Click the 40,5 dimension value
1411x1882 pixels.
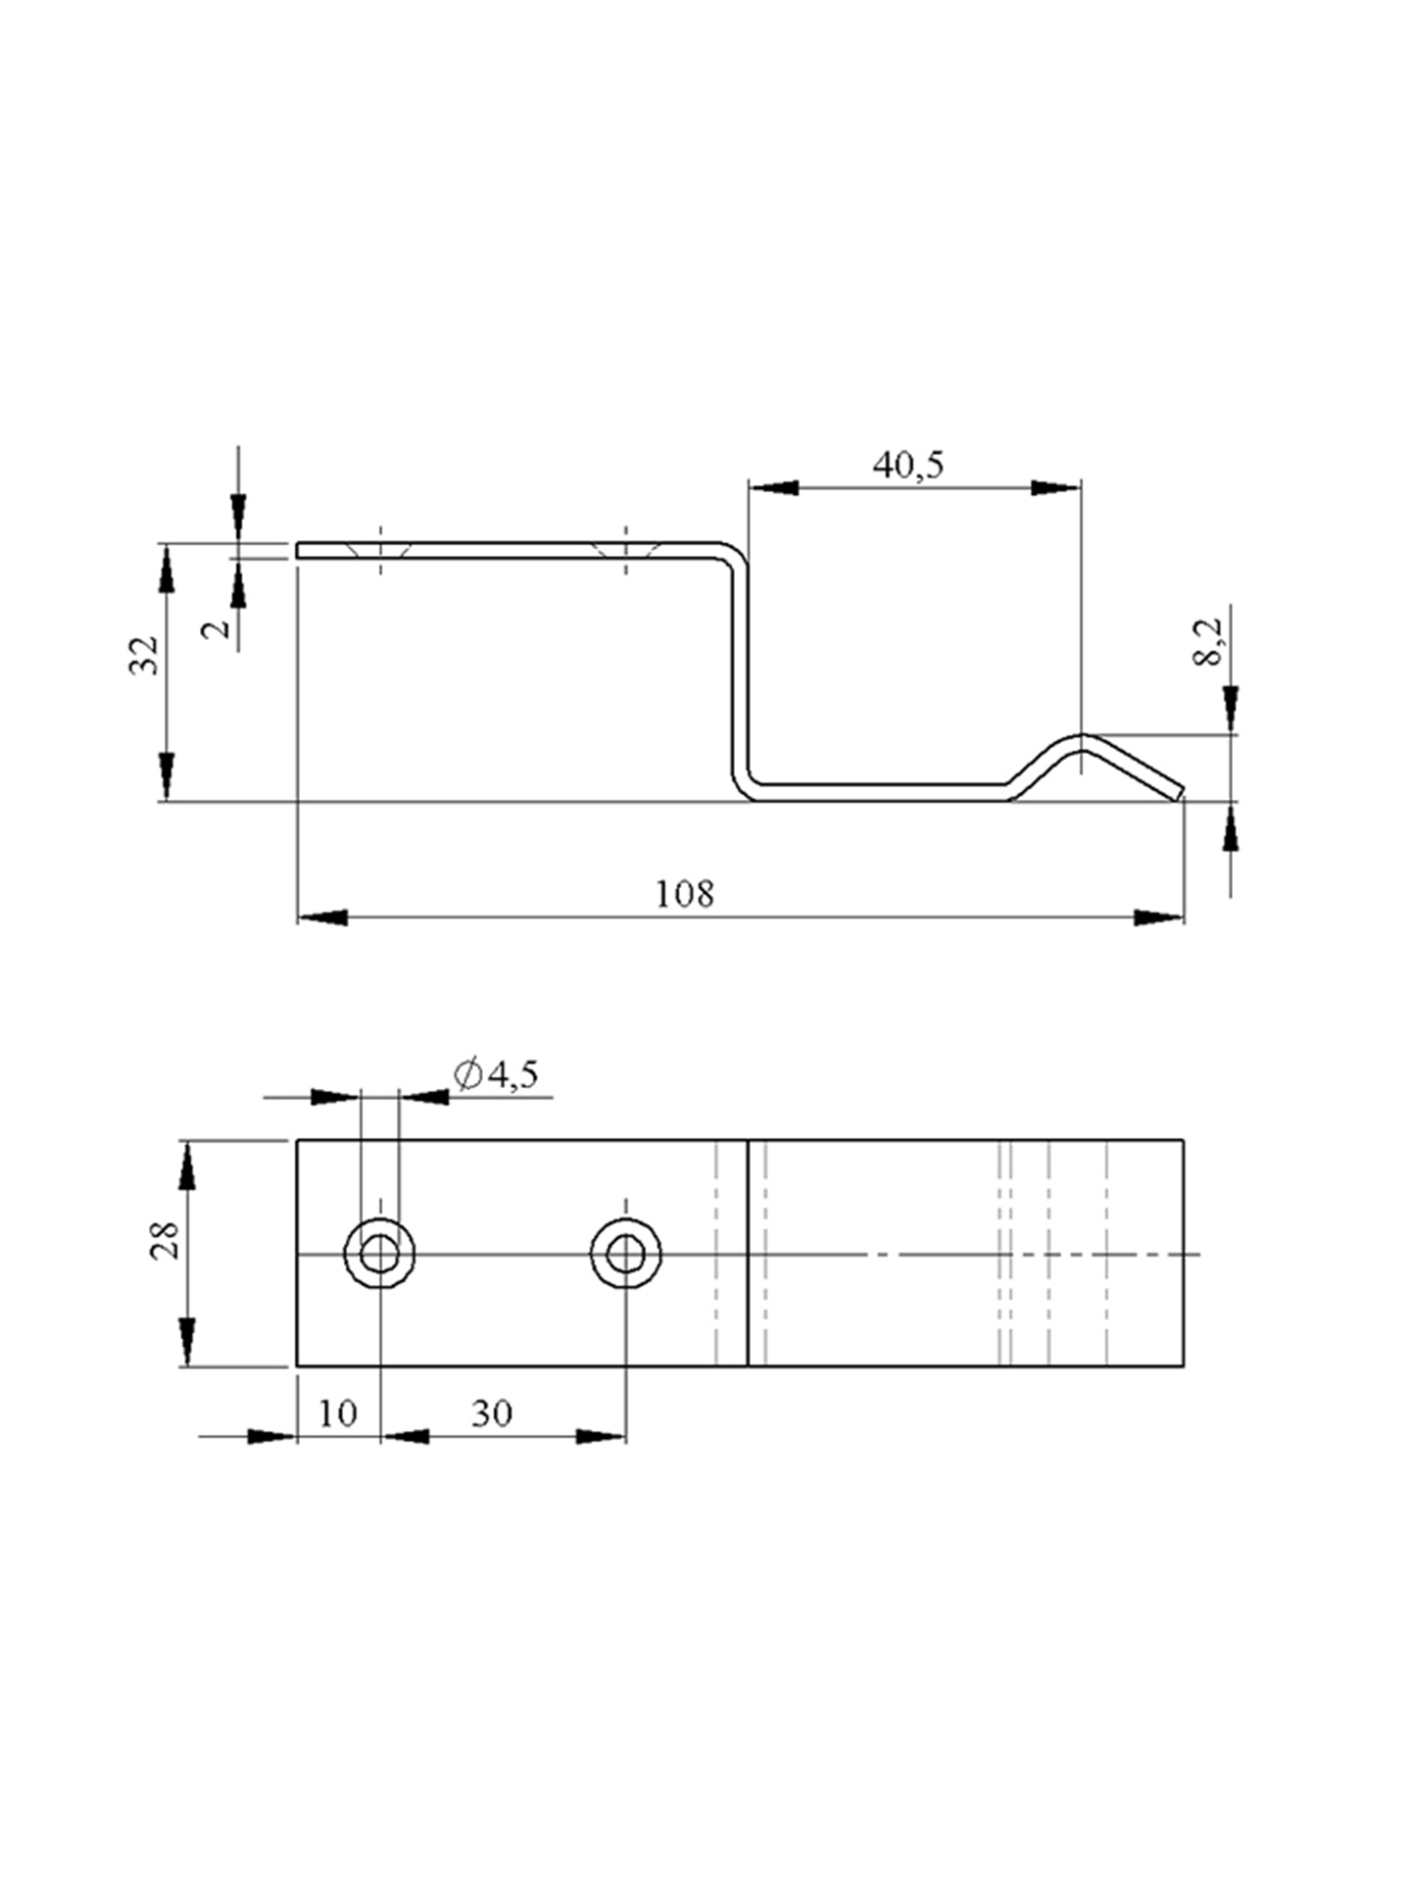click(908, 465)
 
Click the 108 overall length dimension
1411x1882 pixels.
click(685, 894)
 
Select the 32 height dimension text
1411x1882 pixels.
click(144, 655)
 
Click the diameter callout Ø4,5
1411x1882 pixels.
click(497, 1075)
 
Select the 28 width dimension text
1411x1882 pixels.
click(164, 1240)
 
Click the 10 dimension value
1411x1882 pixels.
click(338, 1412)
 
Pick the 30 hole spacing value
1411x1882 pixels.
click(492, 1412)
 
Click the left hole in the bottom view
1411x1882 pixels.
click(379, 1253)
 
